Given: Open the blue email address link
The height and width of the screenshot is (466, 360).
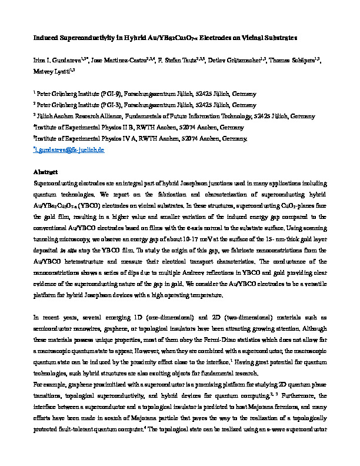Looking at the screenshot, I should [x=71, y=150].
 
